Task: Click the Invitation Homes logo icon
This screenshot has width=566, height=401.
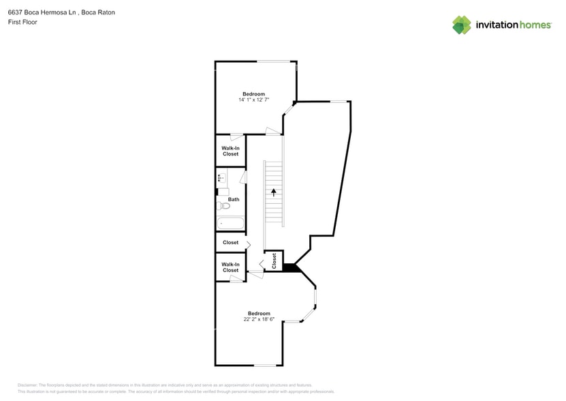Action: tap(461, 25)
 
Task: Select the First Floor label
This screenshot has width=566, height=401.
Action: tap(22, 22)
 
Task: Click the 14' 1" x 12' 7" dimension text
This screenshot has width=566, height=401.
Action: tap(253, 100)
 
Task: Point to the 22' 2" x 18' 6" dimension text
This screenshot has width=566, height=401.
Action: tap(259, 319)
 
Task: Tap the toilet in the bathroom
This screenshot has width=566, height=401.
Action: tap(223, 205)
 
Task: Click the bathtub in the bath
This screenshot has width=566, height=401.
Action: tap(230, 223)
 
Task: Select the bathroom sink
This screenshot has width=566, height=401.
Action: tap(221, 179)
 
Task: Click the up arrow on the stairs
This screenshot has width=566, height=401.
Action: tap(273, 192)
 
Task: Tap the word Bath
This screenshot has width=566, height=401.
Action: tap(234, 200)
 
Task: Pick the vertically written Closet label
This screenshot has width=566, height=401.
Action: tap(274, 260)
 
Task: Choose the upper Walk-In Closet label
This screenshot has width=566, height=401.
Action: tap(230, 151)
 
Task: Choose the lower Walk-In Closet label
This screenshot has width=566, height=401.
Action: tap(230, 267)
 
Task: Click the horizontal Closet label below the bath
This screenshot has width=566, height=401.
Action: tap(230, 243)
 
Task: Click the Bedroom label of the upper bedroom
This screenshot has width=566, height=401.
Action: tap(253, 94)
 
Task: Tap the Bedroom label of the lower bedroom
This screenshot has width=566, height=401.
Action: tap(259, 314)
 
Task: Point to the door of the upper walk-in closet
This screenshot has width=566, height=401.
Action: tap(236, 137)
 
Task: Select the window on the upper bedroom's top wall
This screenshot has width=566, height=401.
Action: tap(276, 62)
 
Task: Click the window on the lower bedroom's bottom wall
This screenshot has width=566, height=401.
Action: tap(266, 366)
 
